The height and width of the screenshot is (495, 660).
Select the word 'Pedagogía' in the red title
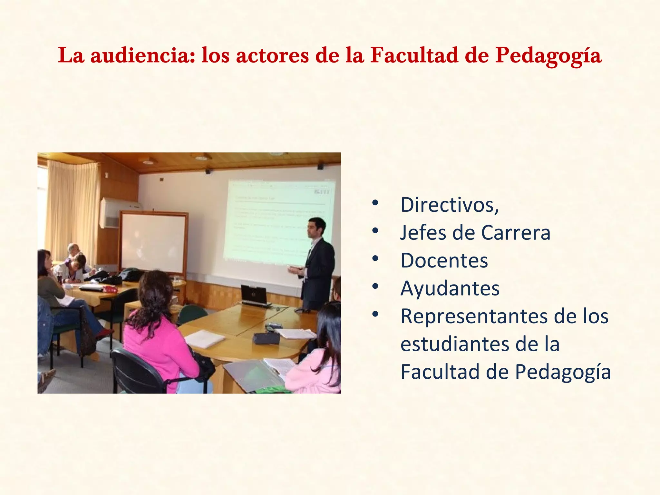click(548, 55)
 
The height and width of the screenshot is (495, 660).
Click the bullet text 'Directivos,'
click(450, 205)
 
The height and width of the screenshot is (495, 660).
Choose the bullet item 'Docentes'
click(444, 260)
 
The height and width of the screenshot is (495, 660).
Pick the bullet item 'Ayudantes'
click(450, 288)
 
